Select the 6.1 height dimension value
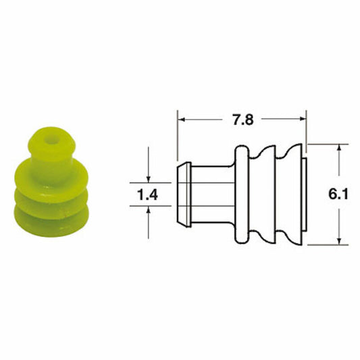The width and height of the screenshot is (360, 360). tap(338, 195)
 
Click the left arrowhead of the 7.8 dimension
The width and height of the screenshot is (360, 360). tap(181, 121)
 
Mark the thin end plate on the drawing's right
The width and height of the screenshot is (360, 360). tap(304, 195)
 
